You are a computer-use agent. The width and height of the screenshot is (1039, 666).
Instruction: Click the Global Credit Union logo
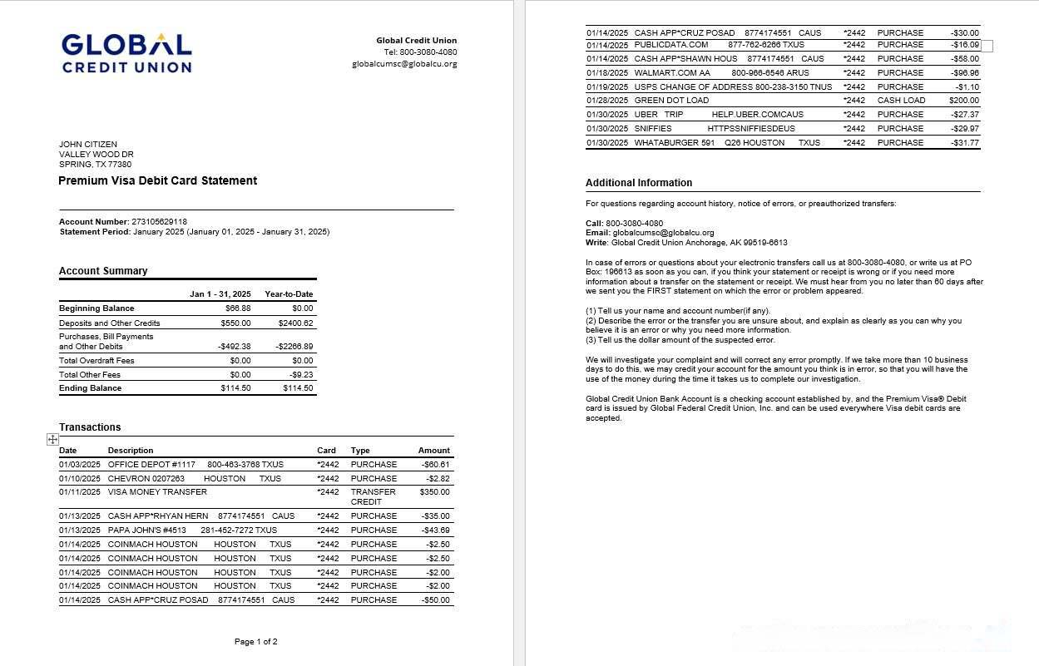pos(126,53)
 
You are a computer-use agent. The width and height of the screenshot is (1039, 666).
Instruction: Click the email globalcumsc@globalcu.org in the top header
pos(404,64)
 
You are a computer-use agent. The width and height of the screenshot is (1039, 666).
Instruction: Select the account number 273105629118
pos(159,222)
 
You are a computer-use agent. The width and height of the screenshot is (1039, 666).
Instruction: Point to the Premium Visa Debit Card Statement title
pos(157,180)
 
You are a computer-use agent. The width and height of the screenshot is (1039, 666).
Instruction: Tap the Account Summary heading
pos(103,271)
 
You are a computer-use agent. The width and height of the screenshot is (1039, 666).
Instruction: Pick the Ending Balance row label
pos(90,388)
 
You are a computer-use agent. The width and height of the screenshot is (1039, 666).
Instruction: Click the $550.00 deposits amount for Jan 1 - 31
pos(235,323)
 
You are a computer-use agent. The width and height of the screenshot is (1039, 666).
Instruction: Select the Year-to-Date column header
pos(289,294)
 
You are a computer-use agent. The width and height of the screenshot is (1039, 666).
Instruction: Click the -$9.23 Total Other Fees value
pos(301,375)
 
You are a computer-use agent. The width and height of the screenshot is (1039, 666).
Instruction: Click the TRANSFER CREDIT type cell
pos(373,496)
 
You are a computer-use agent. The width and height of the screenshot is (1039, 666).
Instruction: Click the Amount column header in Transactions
pos(433,451)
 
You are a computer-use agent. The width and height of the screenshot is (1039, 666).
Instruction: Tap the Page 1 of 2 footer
pos(256,642)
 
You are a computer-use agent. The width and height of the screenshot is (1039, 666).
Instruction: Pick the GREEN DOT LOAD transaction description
pos(671,101)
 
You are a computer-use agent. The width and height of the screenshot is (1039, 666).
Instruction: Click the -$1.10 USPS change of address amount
pos(967,87)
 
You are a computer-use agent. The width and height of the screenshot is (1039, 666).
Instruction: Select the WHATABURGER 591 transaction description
pos(674,143)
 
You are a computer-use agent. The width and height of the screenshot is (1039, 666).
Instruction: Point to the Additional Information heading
pos(639,183)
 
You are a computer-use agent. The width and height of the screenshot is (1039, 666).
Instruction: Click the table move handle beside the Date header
pos(52,440)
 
